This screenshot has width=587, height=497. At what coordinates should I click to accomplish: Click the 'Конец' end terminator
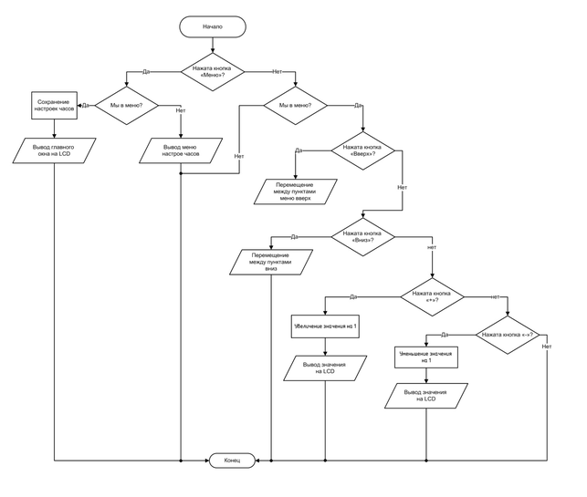point(232,461)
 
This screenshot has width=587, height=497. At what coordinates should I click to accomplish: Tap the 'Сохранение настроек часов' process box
point(55,105)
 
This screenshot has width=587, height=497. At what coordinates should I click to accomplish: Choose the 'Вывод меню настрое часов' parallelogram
point(181,150)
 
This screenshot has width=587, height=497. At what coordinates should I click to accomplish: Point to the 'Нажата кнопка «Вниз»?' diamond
point(362,237)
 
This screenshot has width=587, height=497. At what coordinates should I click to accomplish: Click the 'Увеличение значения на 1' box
point(324,326)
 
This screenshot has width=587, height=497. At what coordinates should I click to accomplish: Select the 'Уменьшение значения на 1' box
point(425,356)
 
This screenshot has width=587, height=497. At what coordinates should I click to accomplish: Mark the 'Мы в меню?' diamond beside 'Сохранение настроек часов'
point(126,105)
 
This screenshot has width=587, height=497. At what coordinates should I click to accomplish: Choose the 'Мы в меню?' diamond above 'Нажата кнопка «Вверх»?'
point(288,105)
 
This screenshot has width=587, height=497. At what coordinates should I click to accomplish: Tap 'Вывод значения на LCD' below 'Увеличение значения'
point(324,368)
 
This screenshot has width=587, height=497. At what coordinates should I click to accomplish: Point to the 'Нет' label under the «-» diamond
point(546,347)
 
